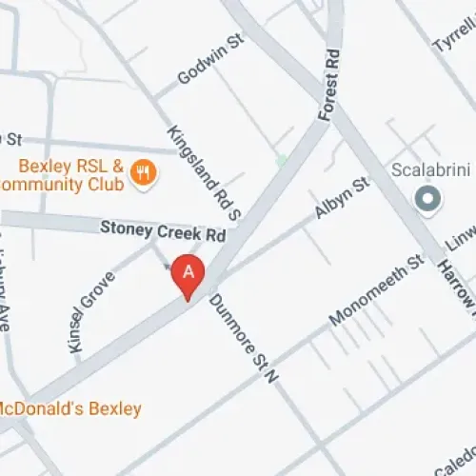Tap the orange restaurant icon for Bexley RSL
pyautogui.click(x=145, y=173)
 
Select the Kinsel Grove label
pyautogui.click(x=93, y=309)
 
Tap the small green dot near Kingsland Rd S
pyautogui.click(x=281, y=161)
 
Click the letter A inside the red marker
pyautogui.click(x=188, y=271)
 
